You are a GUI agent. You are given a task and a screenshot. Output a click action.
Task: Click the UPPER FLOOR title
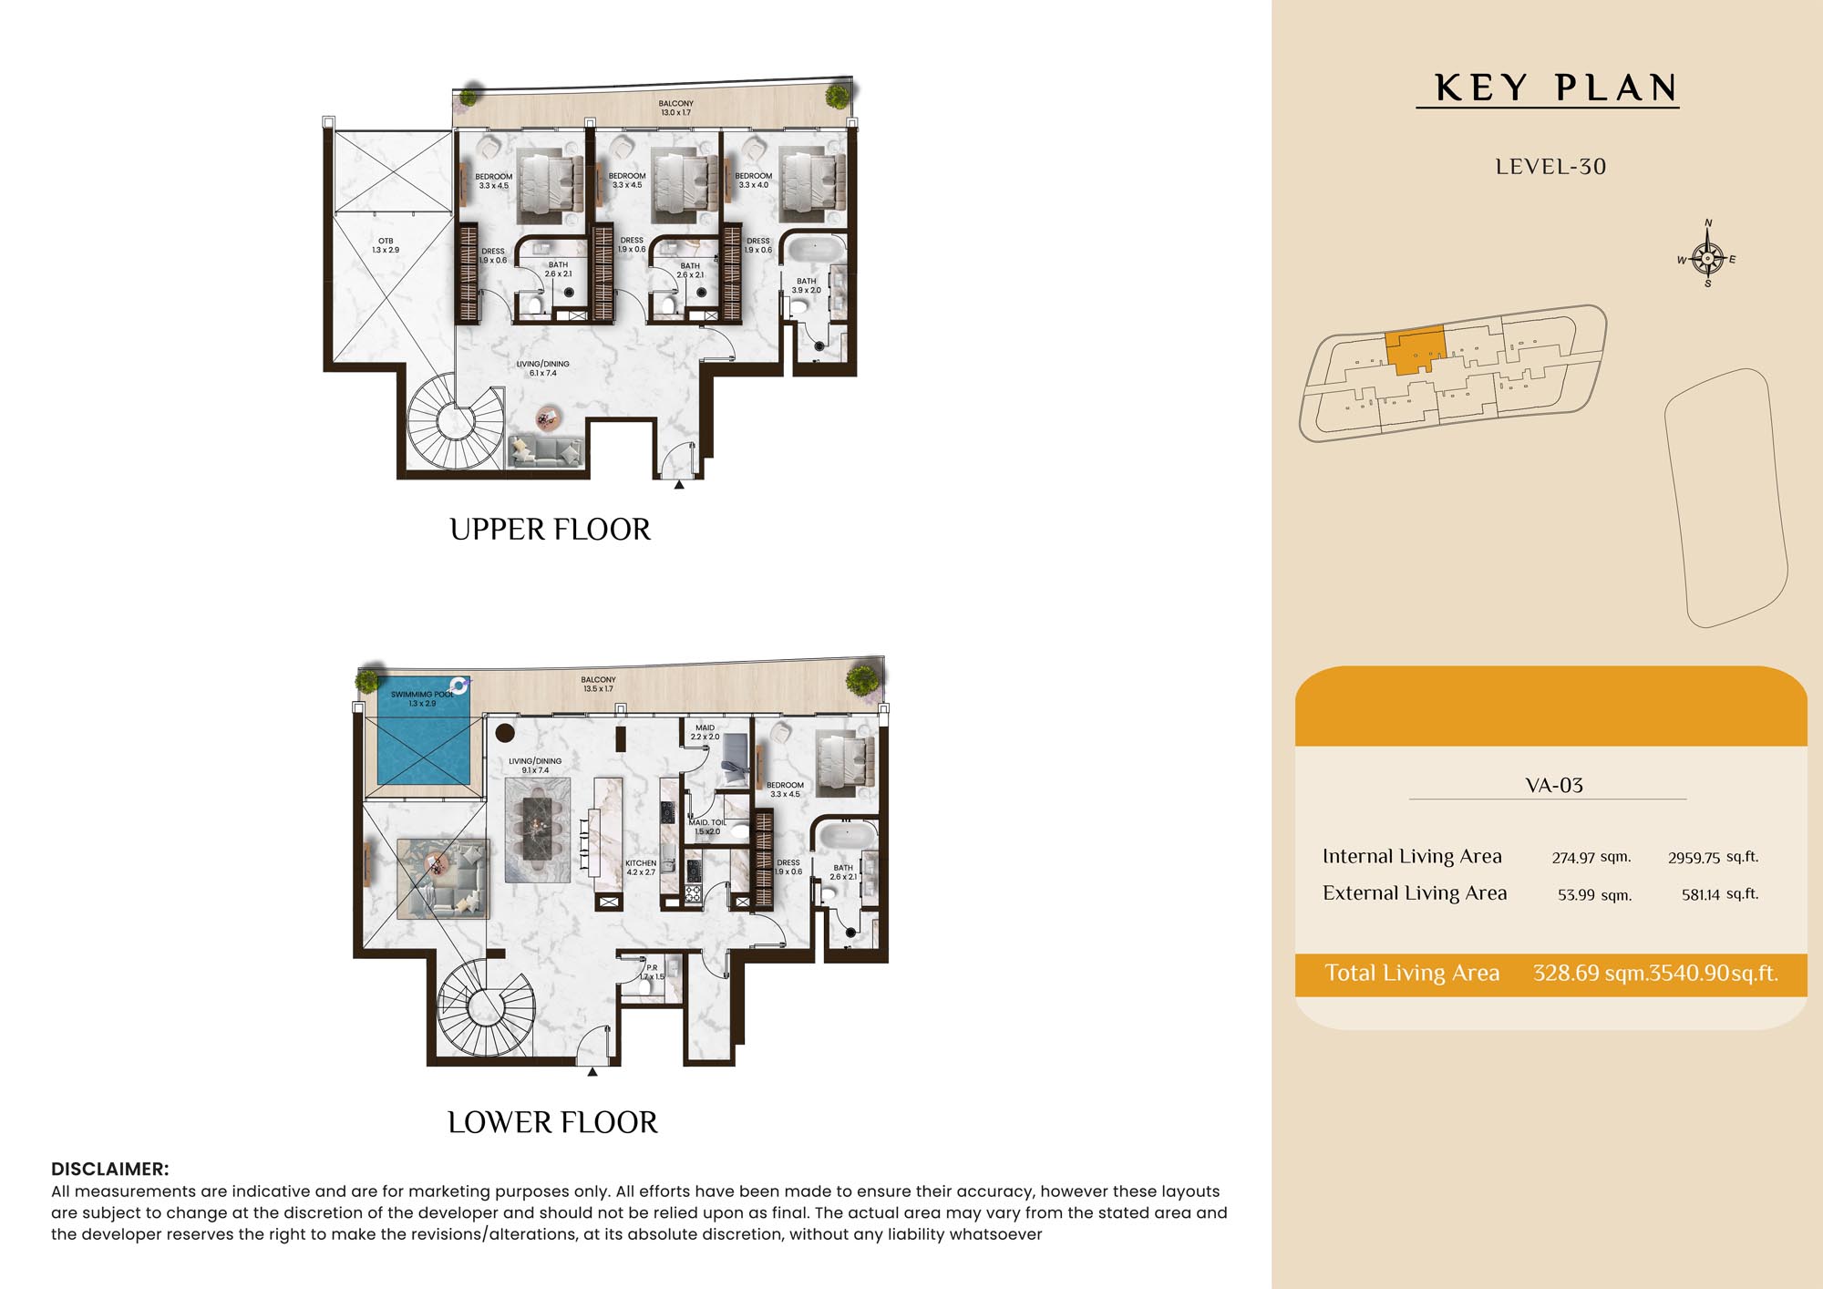(551, 530)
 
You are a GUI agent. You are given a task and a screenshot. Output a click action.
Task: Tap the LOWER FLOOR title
(552, 1122)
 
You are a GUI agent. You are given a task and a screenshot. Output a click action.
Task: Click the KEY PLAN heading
(1556, 88)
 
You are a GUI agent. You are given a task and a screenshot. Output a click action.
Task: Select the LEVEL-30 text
(1550, 167)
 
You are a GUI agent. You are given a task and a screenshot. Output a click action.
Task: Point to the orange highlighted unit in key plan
(1415, 350)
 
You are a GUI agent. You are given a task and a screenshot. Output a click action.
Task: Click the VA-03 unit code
(1554, 785)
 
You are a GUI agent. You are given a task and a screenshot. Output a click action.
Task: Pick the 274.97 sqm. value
(1591, 857)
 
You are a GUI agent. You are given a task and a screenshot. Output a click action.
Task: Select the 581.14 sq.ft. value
(1720, 894)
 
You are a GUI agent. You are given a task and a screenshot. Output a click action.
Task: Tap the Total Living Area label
(1412, 973)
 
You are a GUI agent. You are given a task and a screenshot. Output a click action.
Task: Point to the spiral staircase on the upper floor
(455, 423)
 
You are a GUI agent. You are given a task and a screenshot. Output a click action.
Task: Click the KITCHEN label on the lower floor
(641, 862)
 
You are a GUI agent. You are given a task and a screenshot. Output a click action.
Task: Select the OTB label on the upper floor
(386, 241)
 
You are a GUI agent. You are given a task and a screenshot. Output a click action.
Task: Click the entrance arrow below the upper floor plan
(679, 486)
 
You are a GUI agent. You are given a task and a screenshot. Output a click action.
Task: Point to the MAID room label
(705, 727)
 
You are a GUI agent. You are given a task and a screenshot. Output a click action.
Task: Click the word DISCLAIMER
(110, 1169)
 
